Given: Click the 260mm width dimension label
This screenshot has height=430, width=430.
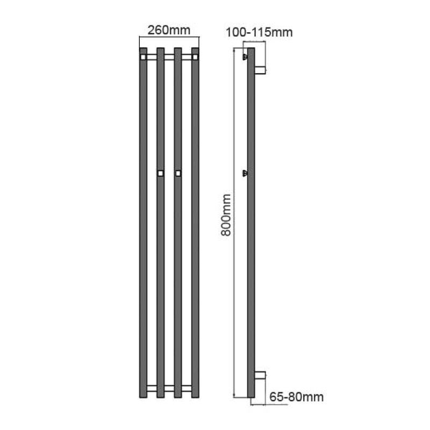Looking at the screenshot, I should point(169,30).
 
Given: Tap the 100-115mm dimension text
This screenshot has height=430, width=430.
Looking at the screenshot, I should point(259,33).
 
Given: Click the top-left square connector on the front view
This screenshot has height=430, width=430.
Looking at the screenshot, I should point(143,55).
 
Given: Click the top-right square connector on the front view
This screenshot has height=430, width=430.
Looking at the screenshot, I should point(195,55).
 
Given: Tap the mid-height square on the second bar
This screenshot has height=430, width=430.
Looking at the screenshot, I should point(160,173).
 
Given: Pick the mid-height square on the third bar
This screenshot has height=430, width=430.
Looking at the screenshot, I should point(178,173).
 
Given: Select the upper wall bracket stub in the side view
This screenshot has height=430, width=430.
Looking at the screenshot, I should point(260,69).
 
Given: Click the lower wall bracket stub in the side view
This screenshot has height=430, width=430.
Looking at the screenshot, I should point(260,375).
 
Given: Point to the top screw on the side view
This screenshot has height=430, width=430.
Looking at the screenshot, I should point(245,56).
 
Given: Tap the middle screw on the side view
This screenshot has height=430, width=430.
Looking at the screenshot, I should point(245,173).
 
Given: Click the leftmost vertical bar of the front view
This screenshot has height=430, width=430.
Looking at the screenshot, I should point(143,226).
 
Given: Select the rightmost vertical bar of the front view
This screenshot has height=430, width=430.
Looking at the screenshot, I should point(195,226).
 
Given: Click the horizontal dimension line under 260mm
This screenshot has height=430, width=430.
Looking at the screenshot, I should point(169,37).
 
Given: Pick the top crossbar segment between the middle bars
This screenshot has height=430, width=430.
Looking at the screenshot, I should point(169,55).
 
